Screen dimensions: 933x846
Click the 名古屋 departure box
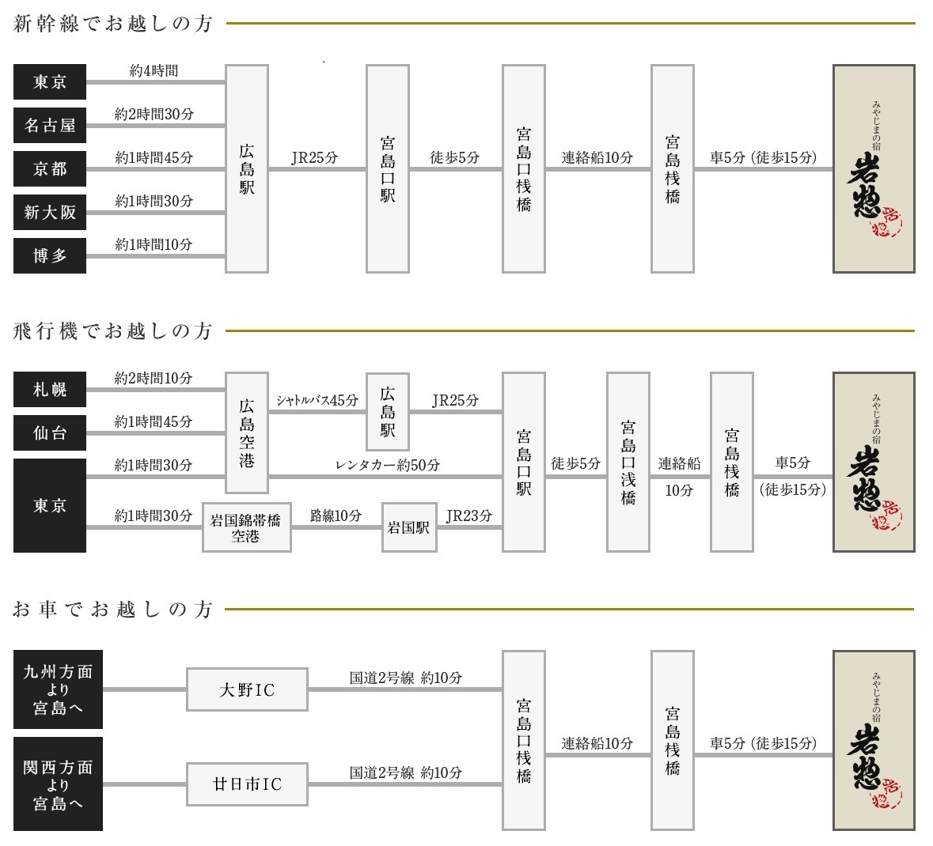point(50,126)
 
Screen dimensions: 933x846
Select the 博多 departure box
point(50,255)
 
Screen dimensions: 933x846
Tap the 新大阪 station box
point(50,212)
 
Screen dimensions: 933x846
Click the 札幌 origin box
point(50,390)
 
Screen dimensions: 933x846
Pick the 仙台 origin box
point(50,432)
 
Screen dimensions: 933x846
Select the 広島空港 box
point(247,432)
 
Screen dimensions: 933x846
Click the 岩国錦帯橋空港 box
point(247,527)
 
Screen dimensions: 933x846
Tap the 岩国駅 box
point(409,527)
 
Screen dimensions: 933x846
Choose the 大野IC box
point(247,689)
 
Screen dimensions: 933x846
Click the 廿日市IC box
point(247,784)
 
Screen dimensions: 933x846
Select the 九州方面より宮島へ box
point(59,689)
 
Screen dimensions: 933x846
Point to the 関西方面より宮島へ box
point(59,784)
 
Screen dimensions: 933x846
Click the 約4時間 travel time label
point(154,70)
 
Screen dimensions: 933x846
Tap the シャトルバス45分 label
point(317,400)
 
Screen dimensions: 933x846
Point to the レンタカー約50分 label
point(387,465)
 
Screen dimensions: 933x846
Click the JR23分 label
point(469,516)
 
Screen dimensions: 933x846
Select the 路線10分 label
point(336,516)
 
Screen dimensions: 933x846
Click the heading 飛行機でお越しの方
point(112,330)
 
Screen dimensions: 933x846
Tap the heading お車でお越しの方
point(112,609)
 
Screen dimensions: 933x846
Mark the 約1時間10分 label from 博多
point(154,244)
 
